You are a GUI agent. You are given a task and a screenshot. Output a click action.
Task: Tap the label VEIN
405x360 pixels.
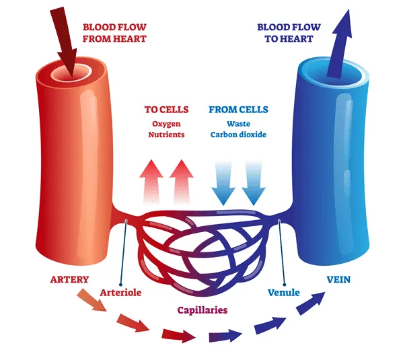338,279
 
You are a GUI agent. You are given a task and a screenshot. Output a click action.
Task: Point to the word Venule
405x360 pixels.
283,293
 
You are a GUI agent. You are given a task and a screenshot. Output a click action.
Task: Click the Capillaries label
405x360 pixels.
202,310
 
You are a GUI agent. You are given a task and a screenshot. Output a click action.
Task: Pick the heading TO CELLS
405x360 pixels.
166,110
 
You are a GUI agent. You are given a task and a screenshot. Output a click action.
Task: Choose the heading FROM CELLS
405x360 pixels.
238,110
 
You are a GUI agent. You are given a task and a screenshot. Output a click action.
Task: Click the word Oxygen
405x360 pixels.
166,123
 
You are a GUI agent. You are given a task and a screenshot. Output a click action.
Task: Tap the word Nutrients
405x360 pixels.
166,135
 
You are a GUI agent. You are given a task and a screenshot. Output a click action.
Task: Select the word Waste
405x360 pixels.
238,123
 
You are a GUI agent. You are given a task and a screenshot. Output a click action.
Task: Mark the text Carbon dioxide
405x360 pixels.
238,135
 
